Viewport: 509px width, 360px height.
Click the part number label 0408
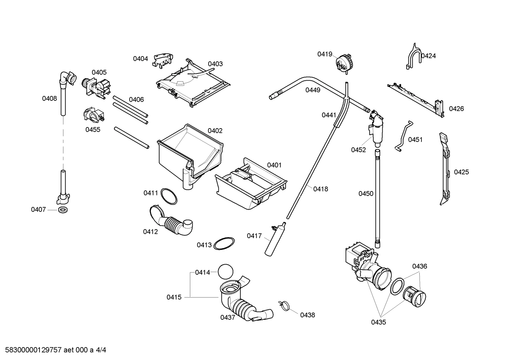49,99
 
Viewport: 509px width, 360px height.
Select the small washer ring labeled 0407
63,210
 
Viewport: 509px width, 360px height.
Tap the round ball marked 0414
226,272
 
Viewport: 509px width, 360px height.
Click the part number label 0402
215,131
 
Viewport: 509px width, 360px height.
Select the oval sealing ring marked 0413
224,244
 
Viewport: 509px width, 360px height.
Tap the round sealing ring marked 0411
169,196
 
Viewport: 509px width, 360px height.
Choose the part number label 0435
378,322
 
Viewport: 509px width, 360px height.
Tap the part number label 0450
366,194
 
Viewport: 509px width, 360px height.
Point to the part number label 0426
456,109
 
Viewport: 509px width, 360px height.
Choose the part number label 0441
329,115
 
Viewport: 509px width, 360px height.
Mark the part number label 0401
274,165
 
